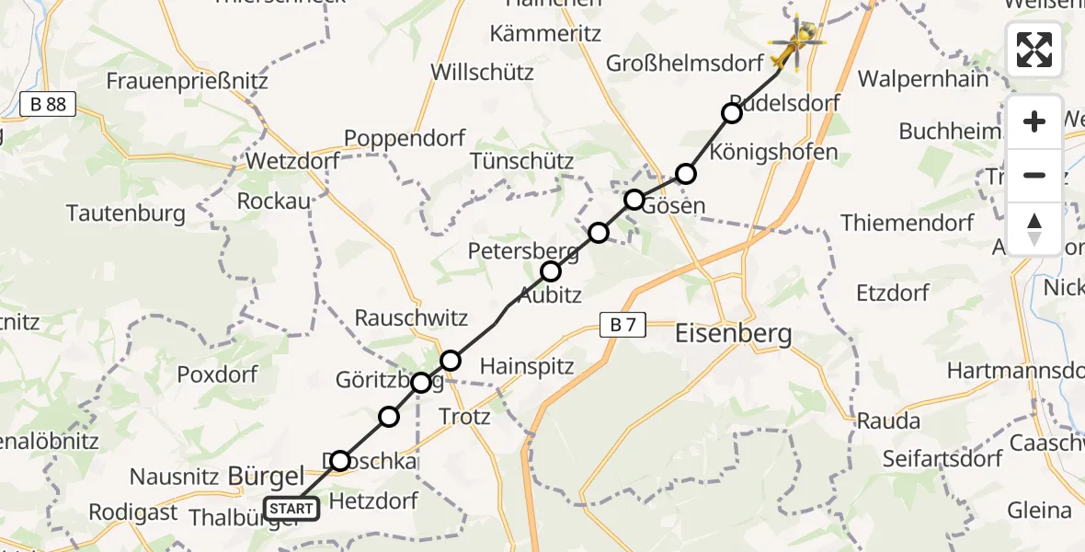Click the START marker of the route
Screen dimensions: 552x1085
coord(291,508)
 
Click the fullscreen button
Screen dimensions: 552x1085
coord(1034,50)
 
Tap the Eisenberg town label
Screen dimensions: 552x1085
coord(733,333)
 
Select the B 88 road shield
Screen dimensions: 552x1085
coord(48,105)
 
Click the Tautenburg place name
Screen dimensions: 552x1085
coord(126,213)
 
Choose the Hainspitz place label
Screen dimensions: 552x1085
coord(527,366)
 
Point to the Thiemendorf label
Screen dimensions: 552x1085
coord(907,223)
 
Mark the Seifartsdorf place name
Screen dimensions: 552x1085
coord(942,458)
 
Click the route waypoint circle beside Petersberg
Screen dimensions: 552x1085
coord(551,271)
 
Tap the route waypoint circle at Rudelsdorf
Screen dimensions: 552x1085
coord(731,113)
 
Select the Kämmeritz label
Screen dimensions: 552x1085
coord(545,34)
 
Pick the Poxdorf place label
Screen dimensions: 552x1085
coord(218,374)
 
